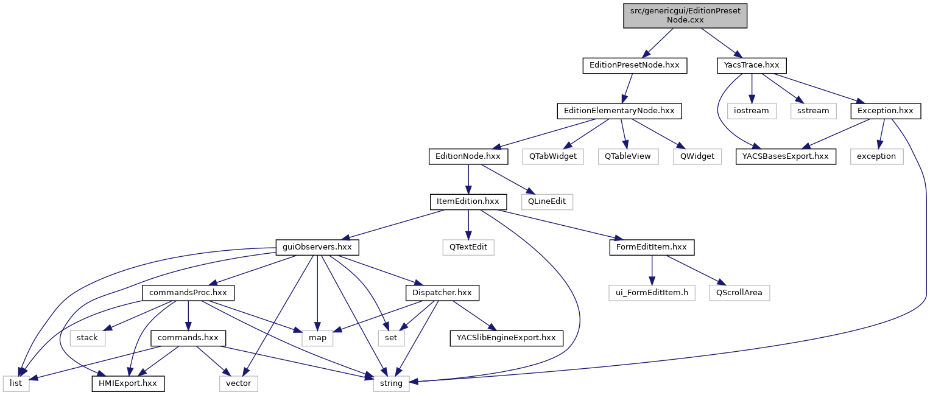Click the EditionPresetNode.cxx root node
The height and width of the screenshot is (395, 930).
[685, 15]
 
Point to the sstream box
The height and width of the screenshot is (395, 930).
[814, 111]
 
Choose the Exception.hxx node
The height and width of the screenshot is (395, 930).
[885, 111]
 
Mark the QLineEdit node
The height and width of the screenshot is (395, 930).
[547, 200]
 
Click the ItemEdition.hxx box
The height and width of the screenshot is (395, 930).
[468, 200]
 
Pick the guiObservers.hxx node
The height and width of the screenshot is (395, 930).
[317, 247]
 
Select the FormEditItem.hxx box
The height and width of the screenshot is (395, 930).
[652, 247]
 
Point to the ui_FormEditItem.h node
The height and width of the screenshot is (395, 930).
[652, 293]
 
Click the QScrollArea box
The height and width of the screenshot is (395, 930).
[739, 293]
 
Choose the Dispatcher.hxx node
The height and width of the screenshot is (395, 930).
[442, 293]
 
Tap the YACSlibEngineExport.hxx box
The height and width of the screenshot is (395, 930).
[506, 337]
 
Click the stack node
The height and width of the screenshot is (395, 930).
[87, 337]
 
